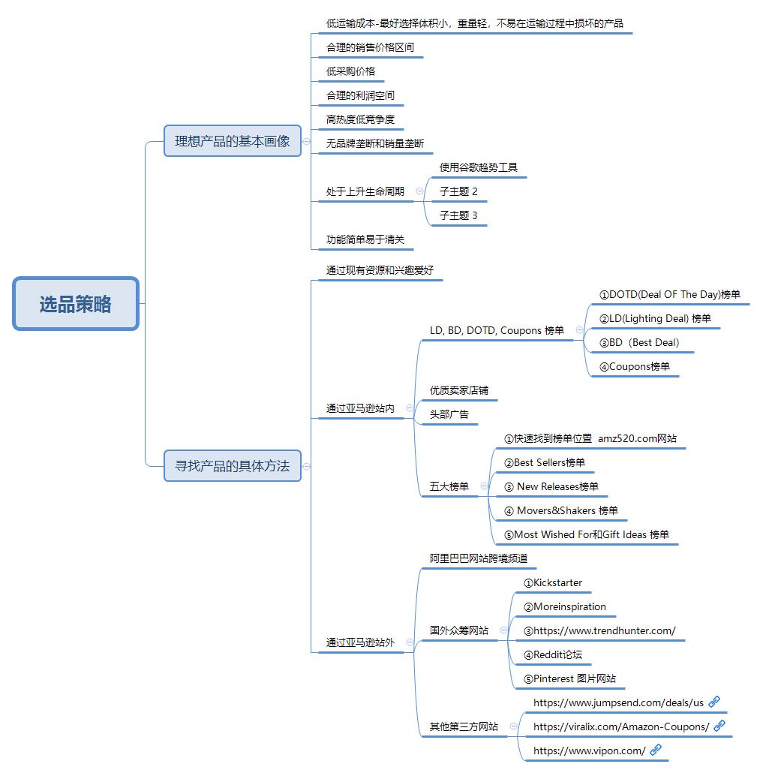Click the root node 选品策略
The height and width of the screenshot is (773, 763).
[76, 304]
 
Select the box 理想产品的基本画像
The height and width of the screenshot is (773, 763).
[232, 141]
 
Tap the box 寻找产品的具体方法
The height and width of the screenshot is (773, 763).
[232, 466]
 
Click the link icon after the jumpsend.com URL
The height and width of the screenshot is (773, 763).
[714, 702]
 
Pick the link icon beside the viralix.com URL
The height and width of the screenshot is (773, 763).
[719, 726]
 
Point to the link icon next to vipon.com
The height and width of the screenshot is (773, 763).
[656, 750]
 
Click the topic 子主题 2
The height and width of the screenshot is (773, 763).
[458, 191]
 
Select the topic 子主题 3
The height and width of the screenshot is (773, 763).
[458, 215]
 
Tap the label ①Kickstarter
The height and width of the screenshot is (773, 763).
[552, 582]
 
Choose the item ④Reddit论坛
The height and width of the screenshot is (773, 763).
[552, 654]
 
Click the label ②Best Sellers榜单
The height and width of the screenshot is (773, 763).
[544, 462]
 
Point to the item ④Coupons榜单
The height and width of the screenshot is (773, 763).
[635, 366]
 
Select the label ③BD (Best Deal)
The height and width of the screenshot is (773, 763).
[639, 343]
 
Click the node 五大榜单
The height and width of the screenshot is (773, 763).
[449, 486]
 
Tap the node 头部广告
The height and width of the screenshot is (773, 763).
[449, 414]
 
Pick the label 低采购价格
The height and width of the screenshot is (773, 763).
[350, 71]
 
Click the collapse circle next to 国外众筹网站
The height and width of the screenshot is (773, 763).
[503, 630]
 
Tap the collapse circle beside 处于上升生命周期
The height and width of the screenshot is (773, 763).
[419, 191]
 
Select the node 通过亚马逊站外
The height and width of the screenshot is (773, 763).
[360, 642]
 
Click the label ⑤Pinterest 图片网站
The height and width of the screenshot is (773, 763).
[569, 679]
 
